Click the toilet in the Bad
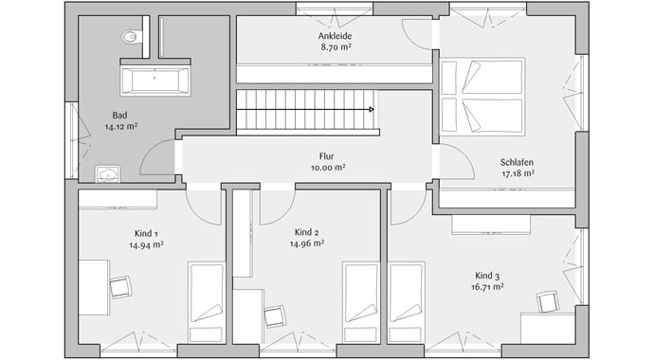coord(130,38)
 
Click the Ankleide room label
coord(336,36)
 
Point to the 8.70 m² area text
coord(336,46)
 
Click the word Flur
coord(327,157)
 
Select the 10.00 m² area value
coord(327,168)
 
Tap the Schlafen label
coord(518,162)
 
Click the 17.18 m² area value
coord(518,173)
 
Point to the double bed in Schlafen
coord(481,98)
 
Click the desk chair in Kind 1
coord(119,286)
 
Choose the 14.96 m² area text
coord(307,243)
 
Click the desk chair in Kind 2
coord(275,315)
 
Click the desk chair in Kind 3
coord(548,301)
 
